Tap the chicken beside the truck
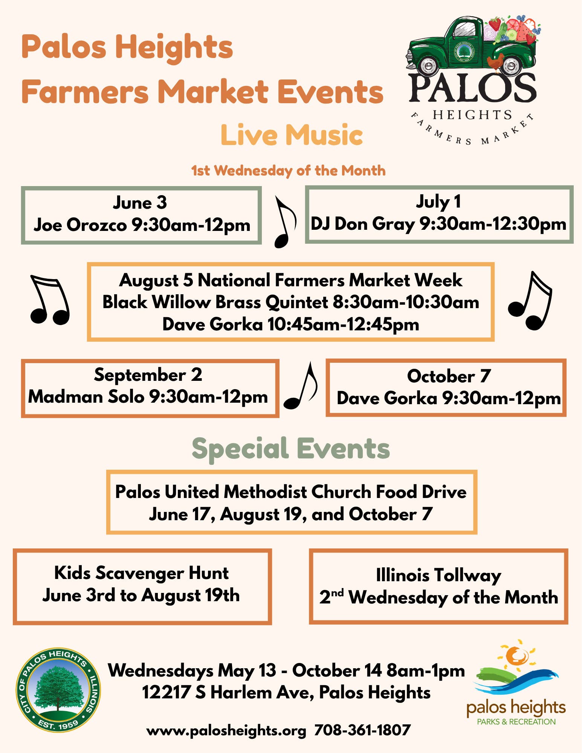click(495, 61)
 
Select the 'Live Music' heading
click(292, 134)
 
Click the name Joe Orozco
click(80, 225)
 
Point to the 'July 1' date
click(438, 202)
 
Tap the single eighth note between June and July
click(285, 222)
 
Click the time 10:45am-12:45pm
click(343, 324)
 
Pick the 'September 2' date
click(148, 375)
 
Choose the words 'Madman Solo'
click(86, 397)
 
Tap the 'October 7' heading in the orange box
click(449, 376)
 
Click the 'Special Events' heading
click(291, 449)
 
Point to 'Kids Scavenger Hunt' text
click(141, 573)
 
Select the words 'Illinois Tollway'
click(438, 576)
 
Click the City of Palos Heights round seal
click(58, 690)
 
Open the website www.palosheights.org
click(226, 731)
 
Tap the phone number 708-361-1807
click(362, 730)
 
